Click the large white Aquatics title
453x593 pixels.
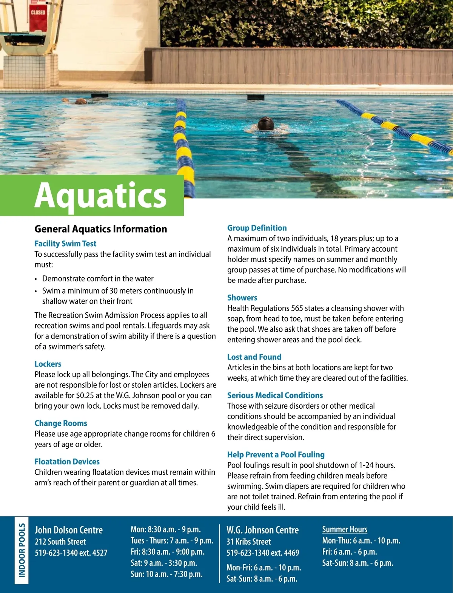(100, 195)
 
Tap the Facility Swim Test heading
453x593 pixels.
(65, 244)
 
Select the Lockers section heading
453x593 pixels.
(48, 364)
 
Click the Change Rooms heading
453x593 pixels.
(61, 423)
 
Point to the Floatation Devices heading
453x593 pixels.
(67, 462)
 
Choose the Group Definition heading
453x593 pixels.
(257, 228)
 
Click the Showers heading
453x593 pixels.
(242, 298)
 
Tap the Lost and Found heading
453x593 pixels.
(254, 357)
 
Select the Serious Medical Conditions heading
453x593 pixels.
(275, 395)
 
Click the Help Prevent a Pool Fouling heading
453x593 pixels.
(276, 455)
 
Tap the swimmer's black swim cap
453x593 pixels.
(266, 123)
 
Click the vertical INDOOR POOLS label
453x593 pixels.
(22, 550)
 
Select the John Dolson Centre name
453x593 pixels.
(69, 530)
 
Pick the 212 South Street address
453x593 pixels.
(60, 542)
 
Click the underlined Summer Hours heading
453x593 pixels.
(345, 530)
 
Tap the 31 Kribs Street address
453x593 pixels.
(249, 542)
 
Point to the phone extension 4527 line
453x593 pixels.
(71, 553)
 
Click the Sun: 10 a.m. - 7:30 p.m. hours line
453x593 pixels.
(166, 574)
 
